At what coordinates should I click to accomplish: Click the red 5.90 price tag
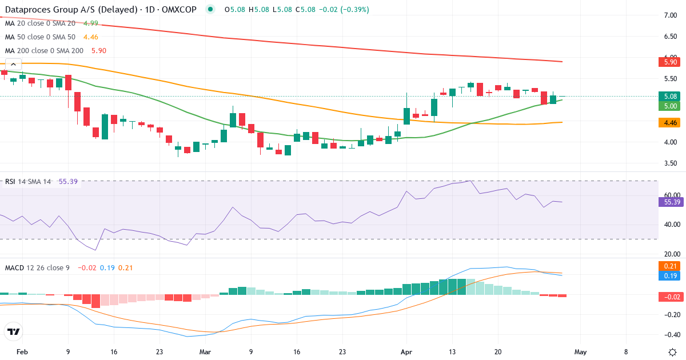coord(671,62)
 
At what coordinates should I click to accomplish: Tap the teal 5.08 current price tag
coord(671,96)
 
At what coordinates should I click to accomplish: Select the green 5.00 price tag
coord(671,106)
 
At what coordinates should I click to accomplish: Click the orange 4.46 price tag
coord(671,122)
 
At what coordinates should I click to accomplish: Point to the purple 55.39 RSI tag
coord(671,202)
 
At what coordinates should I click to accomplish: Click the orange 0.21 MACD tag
coord(671,266)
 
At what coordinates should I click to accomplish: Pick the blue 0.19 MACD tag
coord(671,275)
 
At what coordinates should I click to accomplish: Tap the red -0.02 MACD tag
coord(671,296)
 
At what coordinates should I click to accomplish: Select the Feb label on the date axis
coord(22,352)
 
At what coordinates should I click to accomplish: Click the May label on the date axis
coord(580,352)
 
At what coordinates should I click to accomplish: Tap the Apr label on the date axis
coord(406,352)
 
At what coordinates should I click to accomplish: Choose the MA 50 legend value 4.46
coord(91,37)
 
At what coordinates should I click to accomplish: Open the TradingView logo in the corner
coord(14,331)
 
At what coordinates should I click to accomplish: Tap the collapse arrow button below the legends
coord(13,65)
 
